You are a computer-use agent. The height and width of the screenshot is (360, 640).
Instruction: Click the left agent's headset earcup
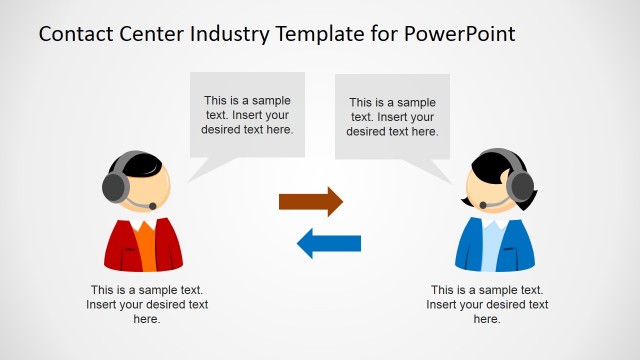click(x=114, y=187)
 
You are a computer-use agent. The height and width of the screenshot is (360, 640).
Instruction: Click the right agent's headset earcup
click(x=520, y=186)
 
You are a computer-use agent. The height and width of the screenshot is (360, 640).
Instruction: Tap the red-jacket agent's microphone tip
click(x=153, y=206)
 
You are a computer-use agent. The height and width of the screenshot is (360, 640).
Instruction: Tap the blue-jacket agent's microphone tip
click(x=481, y=205)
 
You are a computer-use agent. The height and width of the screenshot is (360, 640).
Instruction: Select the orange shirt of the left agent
click(x=144, y=244)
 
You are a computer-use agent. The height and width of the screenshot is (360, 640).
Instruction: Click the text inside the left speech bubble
click(x=249, y=114)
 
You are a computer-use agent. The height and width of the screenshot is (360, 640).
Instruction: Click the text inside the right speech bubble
click(x=393, y=116)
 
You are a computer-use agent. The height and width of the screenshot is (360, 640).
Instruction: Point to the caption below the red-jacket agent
click(x=147, y=304)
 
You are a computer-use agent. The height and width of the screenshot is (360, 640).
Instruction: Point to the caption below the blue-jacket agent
click(x=487, y=304)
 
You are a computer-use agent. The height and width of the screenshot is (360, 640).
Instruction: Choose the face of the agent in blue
click(x=484, y=186)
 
